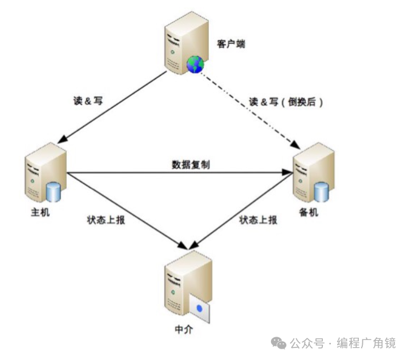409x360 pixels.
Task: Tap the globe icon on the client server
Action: (x=195, y=64)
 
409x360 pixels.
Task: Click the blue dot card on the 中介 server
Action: (x=200, y=309)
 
